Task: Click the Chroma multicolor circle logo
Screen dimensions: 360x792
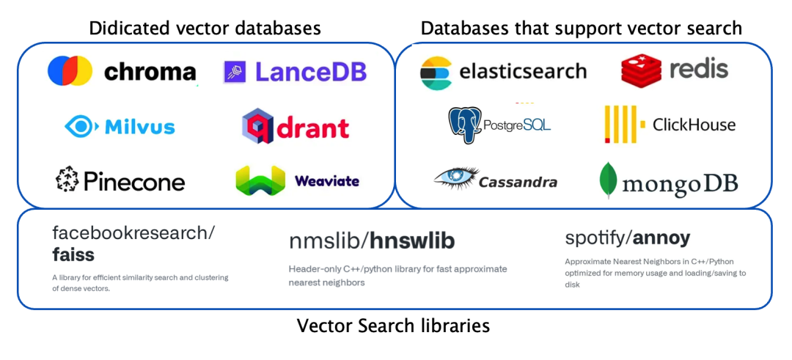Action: click(70, 71)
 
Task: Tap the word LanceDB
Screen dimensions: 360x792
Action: click(311, 72)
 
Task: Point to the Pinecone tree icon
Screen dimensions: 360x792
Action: click(67, 180)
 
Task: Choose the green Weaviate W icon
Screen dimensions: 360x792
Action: click(260, 180)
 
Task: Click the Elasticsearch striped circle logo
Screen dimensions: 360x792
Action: click(436, 73)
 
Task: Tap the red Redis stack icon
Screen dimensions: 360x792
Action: click(641, 70)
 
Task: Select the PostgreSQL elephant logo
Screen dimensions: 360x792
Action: click(465, 125)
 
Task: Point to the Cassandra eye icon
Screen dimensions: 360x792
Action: click(455, 177)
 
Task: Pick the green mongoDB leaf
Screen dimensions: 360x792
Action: click(608, 180)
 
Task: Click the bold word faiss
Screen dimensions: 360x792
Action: click(73, 254)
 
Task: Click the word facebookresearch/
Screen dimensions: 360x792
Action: click(133, 233)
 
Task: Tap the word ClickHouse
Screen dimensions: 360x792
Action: click(694, 125)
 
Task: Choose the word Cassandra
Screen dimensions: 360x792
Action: click(518, 182)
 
